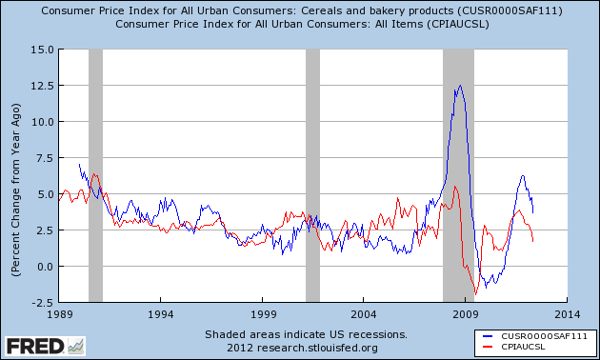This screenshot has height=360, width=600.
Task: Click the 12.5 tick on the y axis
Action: (39, 86)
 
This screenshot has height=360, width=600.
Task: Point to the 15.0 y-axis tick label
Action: (39, 50)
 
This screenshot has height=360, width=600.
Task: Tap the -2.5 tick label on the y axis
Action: (39, 302)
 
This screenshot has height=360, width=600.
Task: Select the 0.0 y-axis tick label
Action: (42, 267)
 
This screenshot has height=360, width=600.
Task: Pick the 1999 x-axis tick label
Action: (262, 313)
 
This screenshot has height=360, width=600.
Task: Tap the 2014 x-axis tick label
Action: (567, 313)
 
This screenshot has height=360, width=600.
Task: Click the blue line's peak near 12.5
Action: (461, 86)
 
